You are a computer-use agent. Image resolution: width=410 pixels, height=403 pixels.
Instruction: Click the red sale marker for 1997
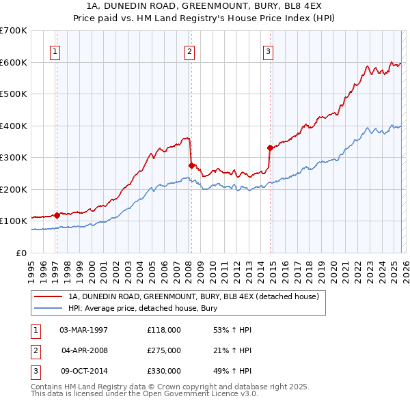coord(57,214)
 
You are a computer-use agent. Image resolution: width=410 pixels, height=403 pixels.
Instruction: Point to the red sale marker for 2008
coord(191,165)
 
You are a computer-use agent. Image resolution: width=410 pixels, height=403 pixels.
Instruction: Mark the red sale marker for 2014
coord(271,148)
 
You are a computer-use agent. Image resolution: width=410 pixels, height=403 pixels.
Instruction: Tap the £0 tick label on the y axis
coord(21,253)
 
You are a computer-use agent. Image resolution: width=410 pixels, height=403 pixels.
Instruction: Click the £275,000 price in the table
coord(164,350)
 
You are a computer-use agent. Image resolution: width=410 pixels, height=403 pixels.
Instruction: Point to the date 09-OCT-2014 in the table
coord(83,371)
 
